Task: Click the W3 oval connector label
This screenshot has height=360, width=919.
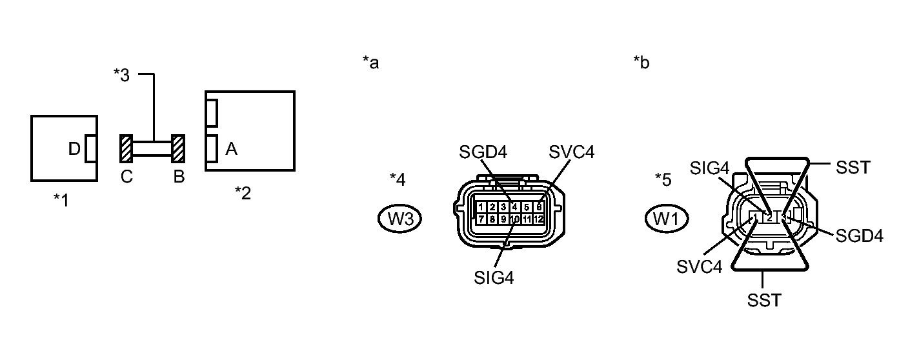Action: [x=399, y=219]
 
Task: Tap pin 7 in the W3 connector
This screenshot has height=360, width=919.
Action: [x=481, y=219]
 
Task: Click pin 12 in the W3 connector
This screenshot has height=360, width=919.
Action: [x=539, y=219]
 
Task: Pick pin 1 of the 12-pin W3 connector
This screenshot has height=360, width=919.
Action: [x=481, y=207]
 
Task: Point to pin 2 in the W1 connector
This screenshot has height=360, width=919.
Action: [x=769, y=217]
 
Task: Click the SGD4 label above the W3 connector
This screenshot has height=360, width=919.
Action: [x=483, y=152]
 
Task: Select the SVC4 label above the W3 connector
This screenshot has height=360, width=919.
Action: [x=571, y=152]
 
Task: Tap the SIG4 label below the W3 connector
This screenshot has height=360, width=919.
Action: [x=494, y=277]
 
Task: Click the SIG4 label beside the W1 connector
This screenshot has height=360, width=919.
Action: [x=709, y=168]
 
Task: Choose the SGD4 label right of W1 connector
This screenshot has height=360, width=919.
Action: [x=859, y=236]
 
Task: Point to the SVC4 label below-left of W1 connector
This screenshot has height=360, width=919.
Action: [x=699, y=266]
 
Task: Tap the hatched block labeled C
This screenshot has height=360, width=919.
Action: [x=126, y=148]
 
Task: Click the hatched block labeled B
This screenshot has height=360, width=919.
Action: [x=178, y=148]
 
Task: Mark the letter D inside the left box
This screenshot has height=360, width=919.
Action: [x=74, y=150]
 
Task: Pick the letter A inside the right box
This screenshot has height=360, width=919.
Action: [x=232, y=150]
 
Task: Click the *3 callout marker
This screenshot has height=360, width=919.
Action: [x=121, y=75]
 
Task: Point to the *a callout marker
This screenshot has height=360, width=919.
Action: [x=370, y=63]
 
